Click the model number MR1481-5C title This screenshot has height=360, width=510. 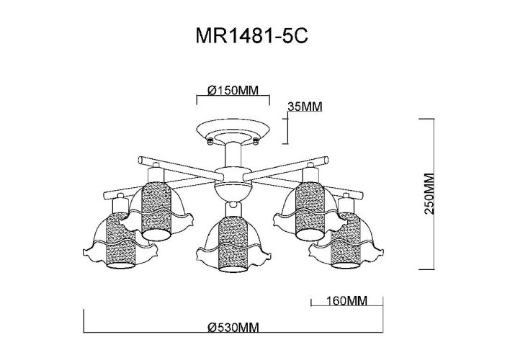(255, 37)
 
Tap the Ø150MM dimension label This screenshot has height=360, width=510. (233, 91)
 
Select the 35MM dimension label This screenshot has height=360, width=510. (304, 107)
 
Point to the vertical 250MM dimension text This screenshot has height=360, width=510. (430, 194)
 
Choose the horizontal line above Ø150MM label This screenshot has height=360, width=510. (233, 99)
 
